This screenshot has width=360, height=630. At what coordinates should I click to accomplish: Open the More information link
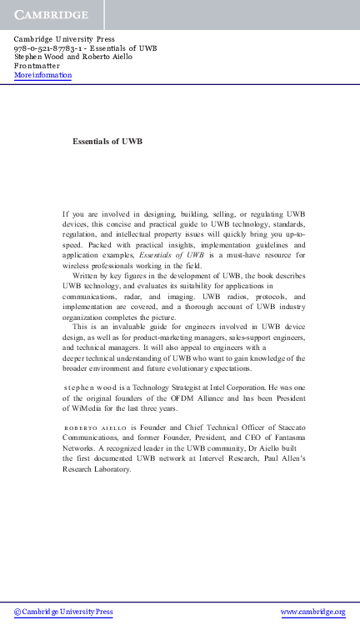tap(42, 75)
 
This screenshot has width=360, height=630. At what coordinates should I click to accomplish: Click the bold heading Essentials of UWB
tap(107, 142)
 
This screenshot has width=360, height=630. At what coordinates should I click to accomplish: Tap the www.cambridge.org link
tap(312, 612)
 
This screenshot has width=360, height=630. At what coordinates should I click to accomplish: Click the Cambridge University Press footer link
tap(63, 612)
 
